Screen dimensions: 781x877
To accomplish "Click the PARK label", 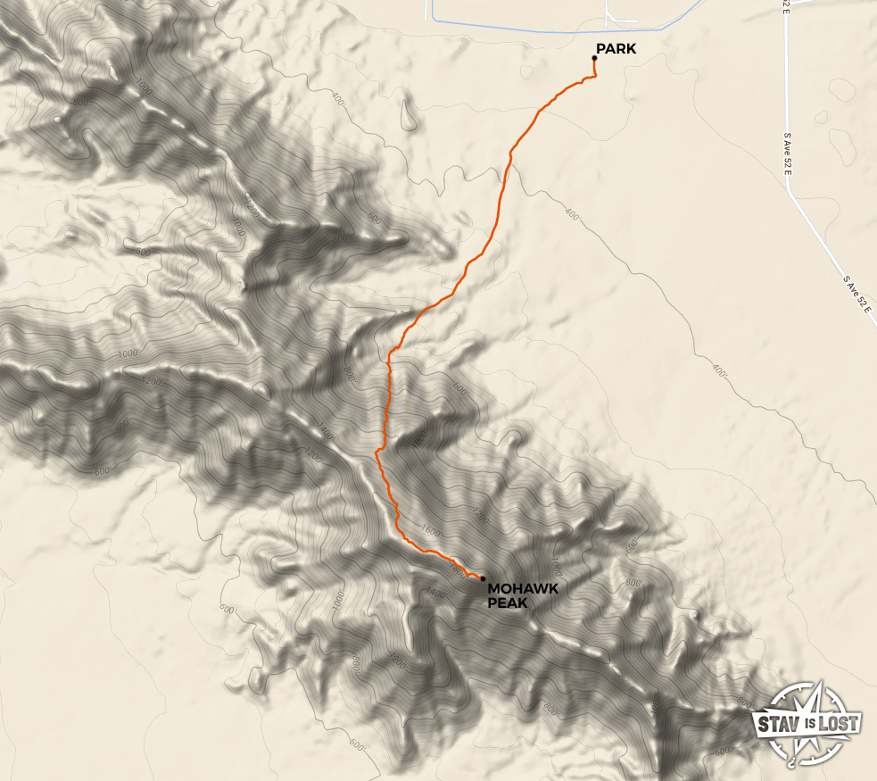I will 616,49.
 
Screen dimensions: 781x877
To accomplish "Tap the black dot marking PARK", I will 594,58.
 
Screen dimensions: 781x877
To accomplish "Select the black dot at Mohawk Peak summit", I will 483,578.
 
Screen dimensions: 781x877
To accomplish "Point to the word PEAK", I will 508,603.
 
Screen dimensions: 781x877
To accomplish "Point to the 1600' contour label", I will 430,533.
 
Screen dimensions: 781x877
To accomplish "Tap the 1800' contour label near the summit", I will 458,568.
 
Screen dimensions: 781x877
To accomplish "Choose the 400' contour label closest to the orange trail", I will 571,214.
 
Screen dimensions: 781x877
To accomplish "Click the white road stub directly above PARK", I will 608,12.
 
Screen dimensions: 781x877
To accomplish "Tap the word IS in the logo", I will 807,724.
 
